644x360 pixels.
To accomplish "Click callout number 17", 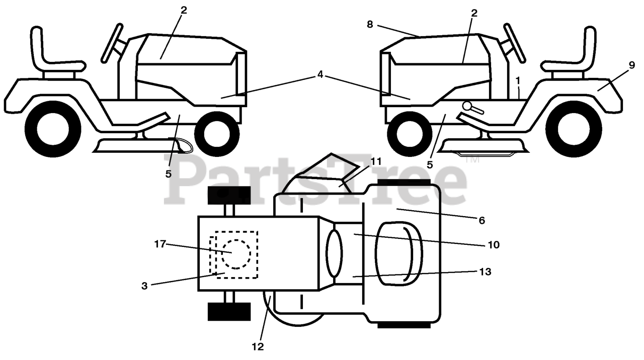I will click(x=160, y=244).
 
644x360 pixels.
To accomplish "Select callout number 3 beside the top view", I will click(x=145, y=286).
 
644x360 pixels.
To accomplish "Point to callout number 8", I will click(x=370, y=24).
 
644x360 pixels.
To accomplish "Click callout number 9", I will click(x=632, y=65).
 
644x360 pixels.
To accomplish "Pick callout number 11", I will click(x=376, y=161).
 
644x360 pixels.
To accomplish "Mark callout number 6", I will click(x=481, y=220).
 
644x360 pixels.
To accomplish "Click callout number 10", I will click(x=494, y=245).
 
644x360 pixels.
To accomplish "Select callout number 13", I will click(x=485, y=272).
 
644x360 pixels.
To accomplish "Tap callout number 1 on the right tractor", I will click(x=518, y=80).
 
